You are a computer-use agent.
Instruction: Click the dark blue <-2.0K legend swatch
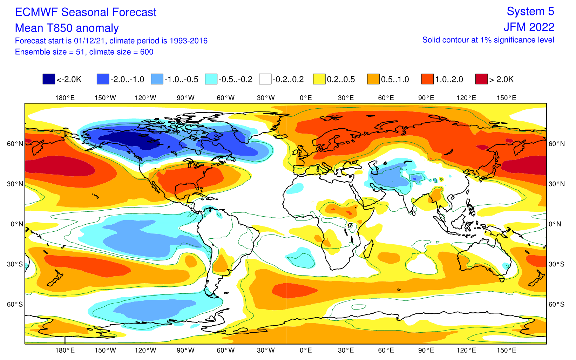click(x=49, y=79)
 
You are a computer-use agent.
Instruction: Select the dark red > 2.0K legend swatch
click(x=481, y=79)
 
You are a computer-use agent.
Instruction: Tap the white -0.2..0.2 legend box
click(x=265, y=79)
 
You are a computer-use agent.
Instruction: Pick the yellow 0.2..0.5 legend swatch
click(x=319, y=79)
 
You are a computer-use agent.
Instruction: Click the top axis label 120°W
click(x=145, y=98)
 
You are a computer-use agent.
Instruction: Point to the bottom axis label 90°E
click(x=426, y=350)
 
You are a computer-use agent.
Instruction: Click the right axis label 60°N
click(x=557, y=144)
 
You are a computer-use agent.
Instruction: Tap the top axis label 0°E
click(x=306, y=98)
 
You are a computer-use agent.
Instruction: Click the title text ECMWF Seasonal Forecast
click(x=86, y=12)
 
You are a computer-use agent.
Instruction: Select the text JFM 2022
click(x=529, y=27)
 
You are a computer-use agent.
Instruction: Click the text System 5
click(x=530, y=11)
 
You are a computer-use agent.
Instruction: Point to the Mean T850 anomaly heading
click(x=67, y=28)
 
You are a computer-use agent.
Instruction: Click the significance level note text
click(x=488, y=40)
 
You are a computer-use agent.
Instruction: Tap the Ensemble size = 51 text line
click(x=84, y=52)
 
